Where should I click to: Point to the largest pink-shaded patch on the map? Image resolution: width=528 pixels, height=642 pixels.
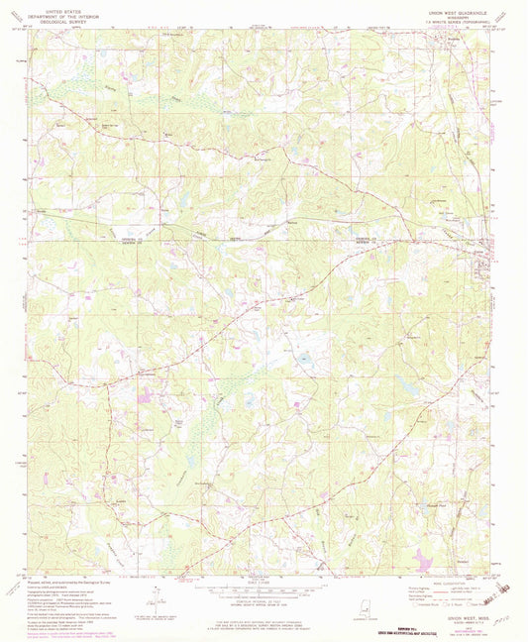422,561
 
